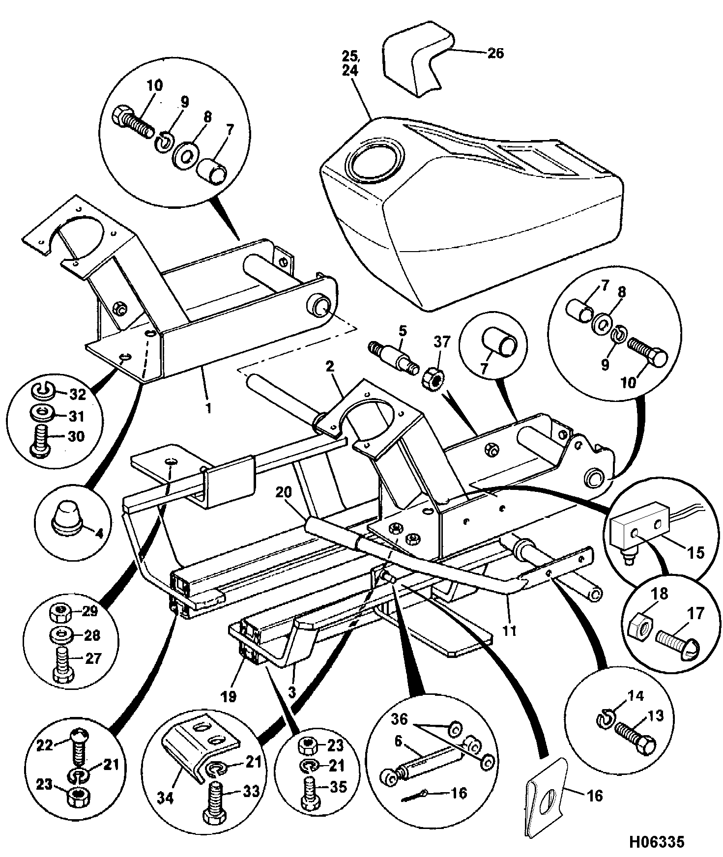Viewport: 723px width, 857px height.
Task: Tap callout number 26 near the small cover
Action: click(x=495, y=53)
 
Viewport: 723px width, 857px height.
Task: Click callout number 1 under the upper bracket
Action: click(x=208, y=408)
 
